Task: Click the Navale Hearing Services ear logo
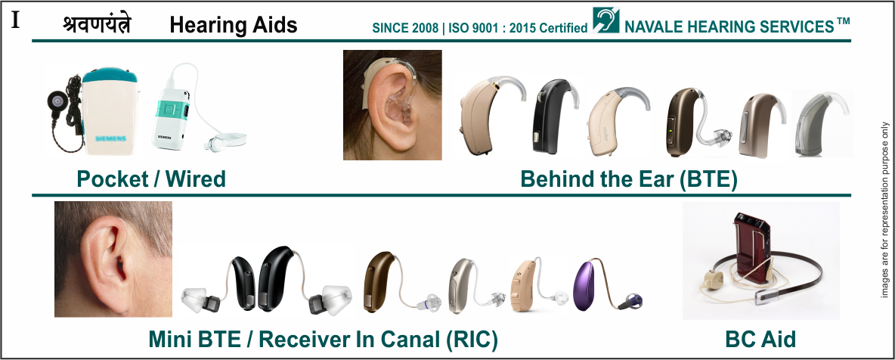605,20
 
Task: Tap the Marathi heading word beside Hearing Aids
97,25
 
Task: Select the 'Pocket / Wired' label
151,179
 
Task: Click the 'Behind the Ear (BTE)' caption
629,179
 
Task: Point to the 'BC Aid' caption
760,340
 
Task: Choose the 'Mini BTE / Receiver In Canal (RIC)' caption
323,340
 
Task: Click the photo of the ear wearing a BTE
392,105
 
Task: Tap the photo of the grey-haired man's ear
113,259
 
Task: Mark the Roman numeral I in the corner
15,20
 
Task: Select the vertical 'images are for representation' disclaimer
884,209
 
